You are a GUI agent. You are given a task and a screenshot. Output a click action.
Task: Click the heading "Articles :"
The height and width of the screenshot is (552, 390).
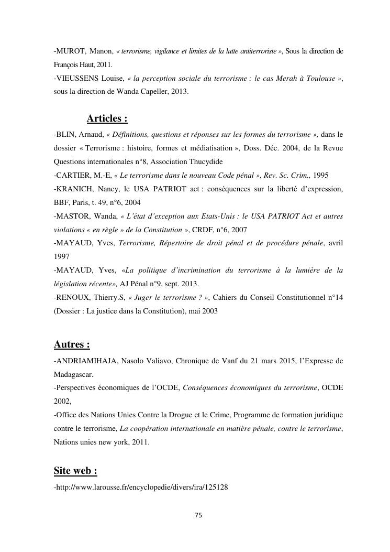[107, 118]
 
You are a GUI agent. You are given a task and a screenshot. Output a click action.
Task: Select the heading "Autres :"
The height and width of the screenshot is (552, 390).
[72, 344]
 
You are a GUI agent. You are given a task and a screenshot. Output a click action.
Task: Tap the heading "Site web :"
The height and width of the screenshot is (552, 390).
[75, 471]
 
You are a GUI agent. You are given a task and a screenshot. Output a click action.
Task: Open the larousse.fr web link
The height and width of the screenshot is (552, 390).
[142, 487]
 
